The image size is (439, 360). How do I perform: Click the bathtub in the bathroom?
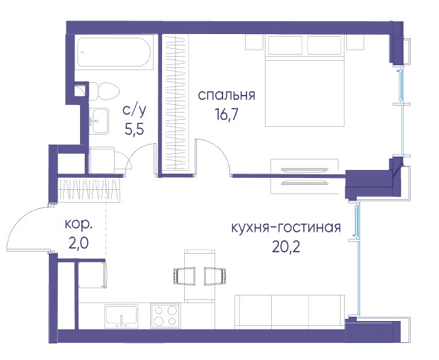114,52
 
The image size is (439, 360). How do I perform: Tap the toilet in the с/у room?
103,91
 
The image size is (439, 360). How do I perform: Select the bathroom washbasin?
99,121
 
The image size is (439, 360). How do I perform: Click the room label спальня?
227,96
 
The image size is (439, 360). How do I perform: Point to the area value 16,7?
226,114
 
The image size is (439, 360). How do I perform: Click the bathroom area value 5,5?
135,129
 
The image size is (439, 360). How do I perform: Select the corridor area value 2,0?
79,244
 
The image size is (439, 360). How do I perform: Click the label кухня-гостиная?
286,227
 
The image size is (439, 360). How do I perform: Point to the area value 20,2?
286,247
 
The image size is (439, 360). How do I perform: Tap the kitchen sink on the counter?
122,316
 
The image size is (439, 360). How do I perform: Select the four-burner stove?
166,316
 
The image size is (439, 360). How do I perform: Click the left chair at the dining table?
184,276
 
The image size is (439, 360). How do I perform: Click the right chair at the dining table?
215,276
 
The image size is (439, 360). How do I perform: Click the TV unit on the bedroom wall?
304,176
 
